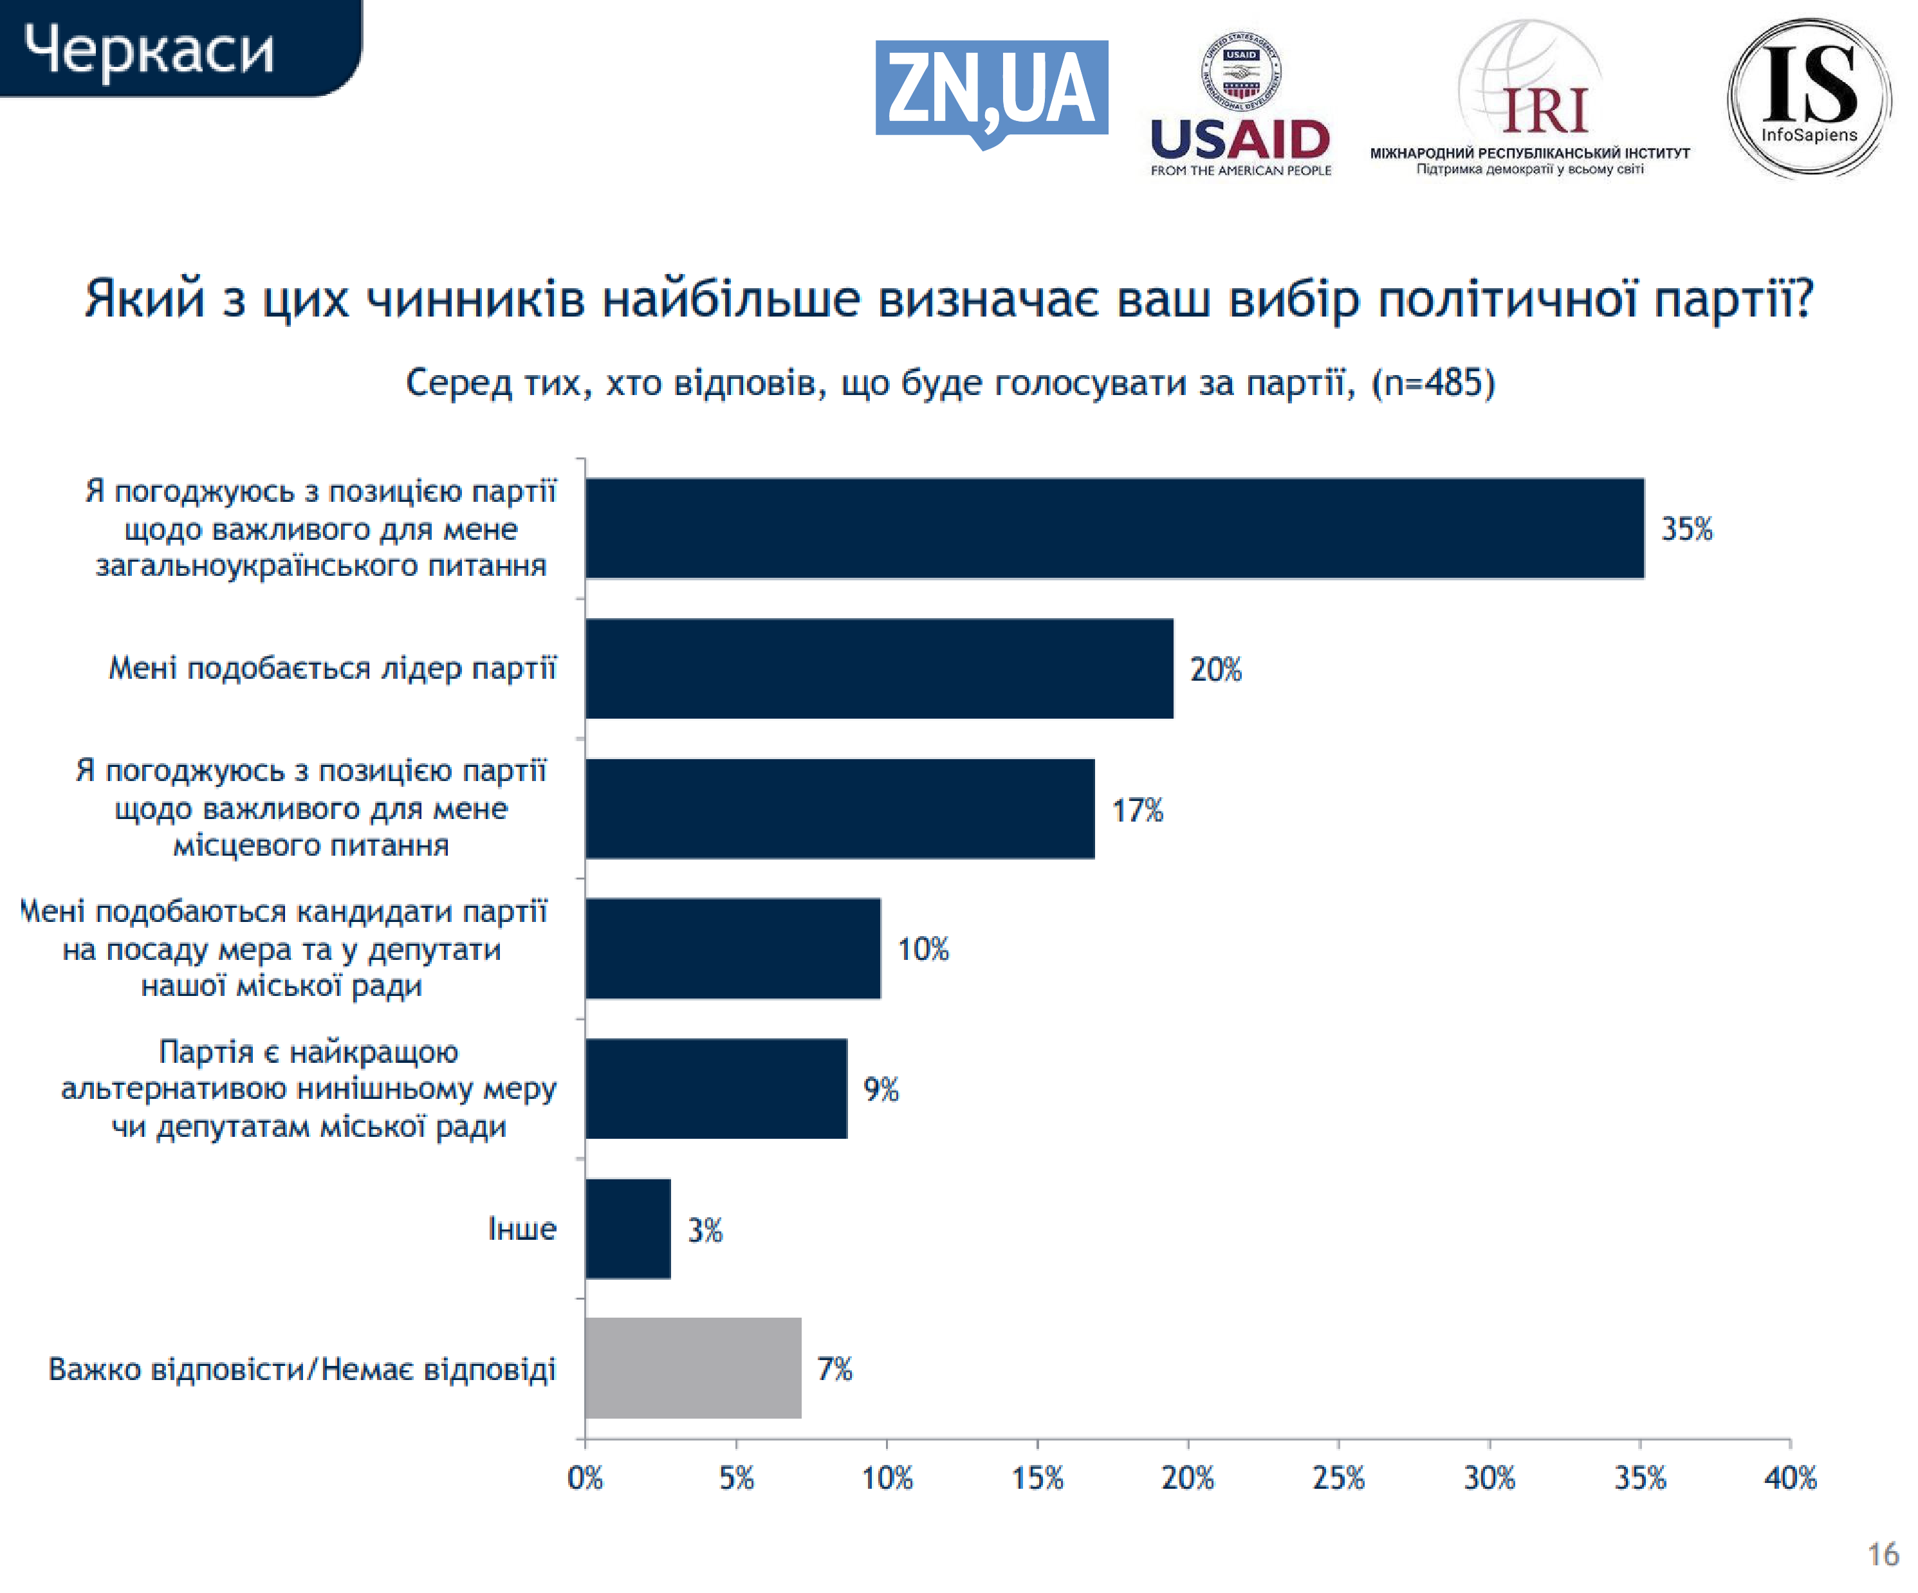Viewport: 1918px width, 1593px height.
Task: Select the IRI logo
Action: pyautogui.click(x=1530, y=100)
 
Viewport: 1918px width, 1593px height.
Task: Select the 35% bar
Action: pyautogui.click(x=1114, y=528)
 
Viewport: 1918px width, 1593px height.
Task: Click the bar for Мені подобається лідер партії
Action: pyautogui.click(x=879, y=668)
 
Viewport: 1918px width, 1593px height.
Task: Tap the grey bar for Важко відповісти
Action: pyautogui.click(x=693, y=1367)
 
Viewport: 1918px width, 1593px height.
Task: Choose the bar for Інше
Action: pyautogui.click(x=627, y=1229)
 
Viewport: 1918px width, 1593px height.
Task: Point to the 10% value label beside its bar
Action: pyautogui.click(x=923, y=949)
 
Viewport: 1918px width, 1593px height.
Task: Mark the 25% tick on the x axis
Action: pyautogui.click(x=1338, y=1478)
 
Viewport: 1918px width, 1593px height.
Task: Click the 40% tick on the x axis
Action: pyautogui.click(x=1790, y=1478)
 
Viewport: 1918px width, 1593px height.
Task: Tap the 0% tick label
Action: pyautogui.click(x=584, y=1478)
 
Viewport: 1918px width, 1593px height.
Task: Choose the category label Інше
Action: pyautogui.click(x=522, y=1229)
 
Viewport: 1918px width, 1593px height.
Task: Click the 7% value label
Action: pyautogui.click(x=834, y=1368)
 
